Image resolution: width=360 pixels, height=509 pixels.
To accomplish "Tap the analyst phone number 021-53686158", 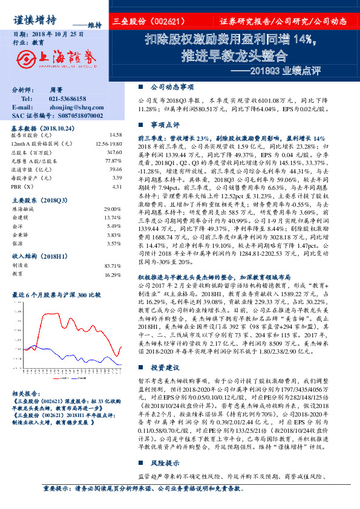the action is pyautogui.click(x=68, y=99).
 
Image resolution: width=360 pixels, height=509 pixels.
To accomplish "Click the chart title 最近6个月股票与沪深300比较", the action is pyautogui.click(x=56, y=295).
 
